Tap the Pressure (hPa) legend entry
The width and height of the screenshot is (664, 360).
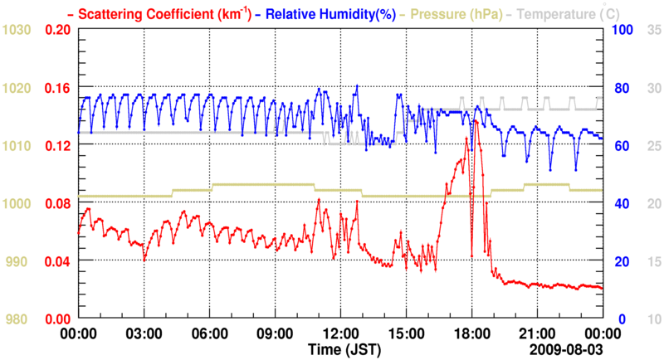coord(453,14)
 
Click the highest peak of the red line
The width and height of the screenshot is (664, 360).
coord(476,121)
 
